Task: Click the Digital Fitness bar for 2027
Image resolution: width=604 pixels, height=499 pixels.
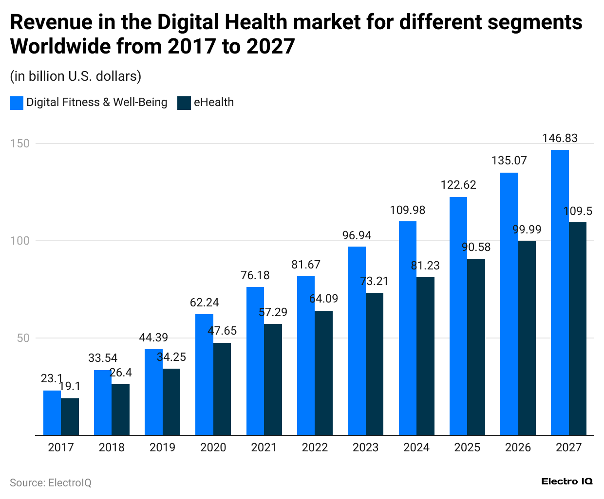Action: coord(560,292)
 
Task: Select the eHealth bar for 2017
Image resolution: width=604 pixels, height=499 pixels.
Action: coord(70,416)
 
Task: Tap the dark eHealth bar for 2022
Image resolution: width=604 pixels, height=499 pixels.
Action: coord(323,373)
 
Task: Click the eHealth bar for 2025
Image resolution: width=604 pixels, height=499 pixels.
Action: coord(476,347)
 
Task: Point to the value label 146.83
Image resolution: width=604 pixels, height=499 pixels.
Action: coord(560,138)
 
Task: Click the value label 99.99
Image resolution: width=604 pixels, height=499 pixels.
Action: coord(527,230)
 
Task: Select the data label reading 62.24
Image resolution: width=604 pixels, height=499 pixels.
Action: coord(204,303)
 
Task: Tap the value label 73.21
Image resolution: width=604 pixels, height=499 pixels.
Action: coord(374,281)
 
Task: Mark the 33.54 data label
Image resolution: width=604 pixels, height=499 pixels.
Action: coord(103,358)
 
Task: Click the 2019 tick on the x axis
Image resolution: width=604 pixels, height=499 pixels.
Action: coord(162,447)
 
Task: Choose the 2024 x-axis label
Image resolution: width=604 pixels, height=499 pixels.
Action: coord(416,447)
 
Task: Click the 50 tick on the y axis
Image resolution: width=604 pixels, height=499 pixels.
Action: coord(23,338)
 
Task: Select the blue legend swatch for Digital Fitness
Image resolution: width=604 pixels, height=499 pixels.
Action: coord(17,103)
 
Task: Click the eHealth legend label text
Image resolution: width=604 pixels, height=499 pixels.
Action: coord(213,103)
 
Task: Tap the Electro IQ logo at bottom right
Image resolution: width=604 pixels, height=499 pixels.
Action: coord(567,481)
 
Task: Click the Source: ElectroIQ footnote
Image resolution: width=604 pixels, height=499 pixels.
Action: coord(51,482)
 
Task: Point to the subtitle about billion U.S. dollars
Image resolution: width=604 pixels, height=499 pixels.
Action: coord(75,76)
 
